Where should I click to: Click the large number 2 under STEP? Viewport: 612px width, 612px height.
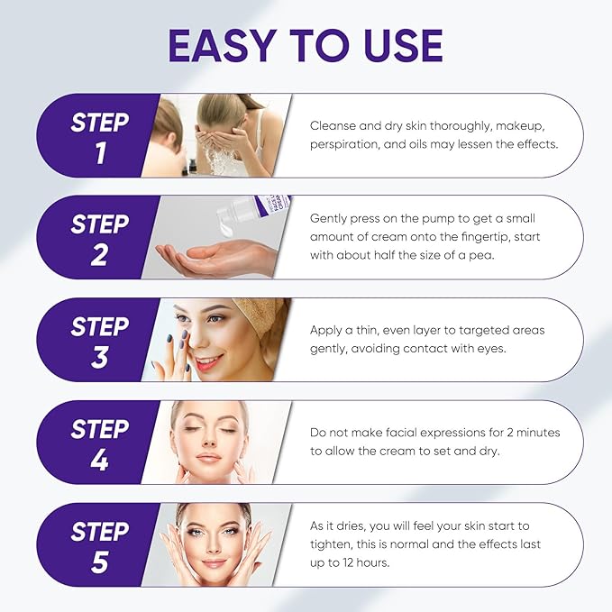[x=99, y=254]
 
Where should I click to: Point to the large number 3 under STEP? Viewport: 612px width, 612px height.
[x=100, y=358]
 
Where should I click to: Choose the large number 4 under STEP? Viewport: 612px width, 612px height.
[x=100, y=460]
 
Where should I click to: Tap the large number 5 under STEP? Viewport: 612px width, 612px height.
[x=100, y=562]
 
